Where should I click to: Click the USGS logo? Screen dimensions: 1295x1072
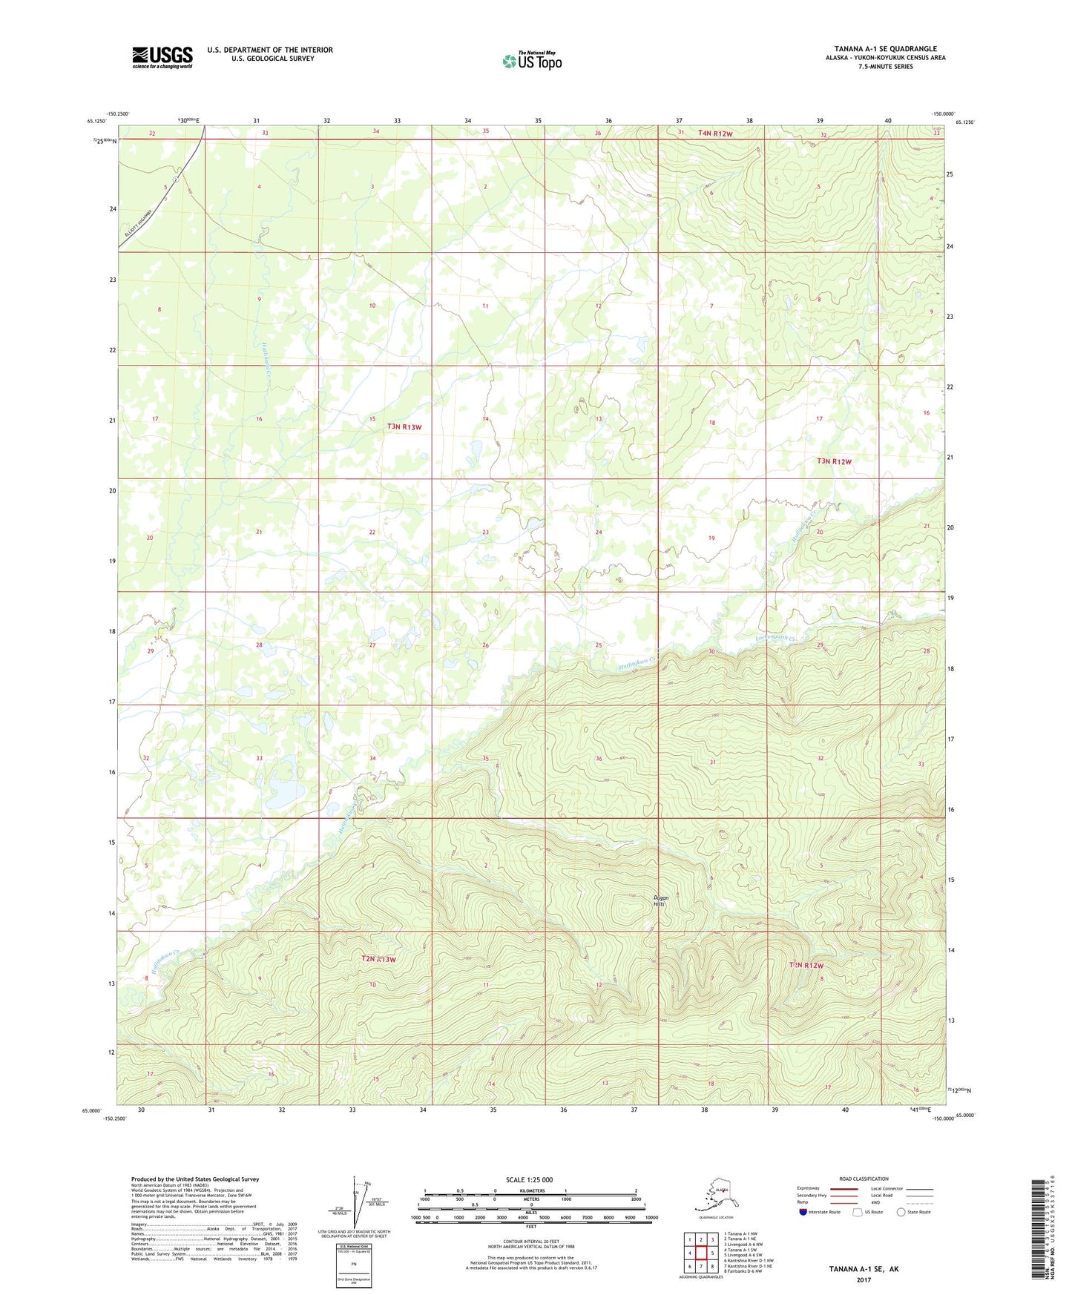pos(162,57)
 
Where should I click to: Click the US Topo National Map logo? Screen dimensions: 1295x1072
pos(531,60)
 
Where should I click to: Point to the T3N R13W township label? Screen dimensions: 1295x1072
pos(404,426)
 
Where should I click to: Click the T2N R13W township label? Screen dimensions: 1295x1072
pos(378,959)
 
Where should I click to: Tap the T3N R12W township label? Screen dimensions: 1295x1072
pos(834,461)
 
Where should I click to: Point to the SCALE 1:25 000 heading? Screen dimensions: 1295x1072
pos(530,1180)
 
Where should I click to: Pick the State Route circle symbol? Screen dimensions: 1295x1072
pos(901,1212)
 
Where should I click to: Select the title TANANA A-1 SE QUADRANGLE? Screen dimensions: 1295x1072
pos(885,49)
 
